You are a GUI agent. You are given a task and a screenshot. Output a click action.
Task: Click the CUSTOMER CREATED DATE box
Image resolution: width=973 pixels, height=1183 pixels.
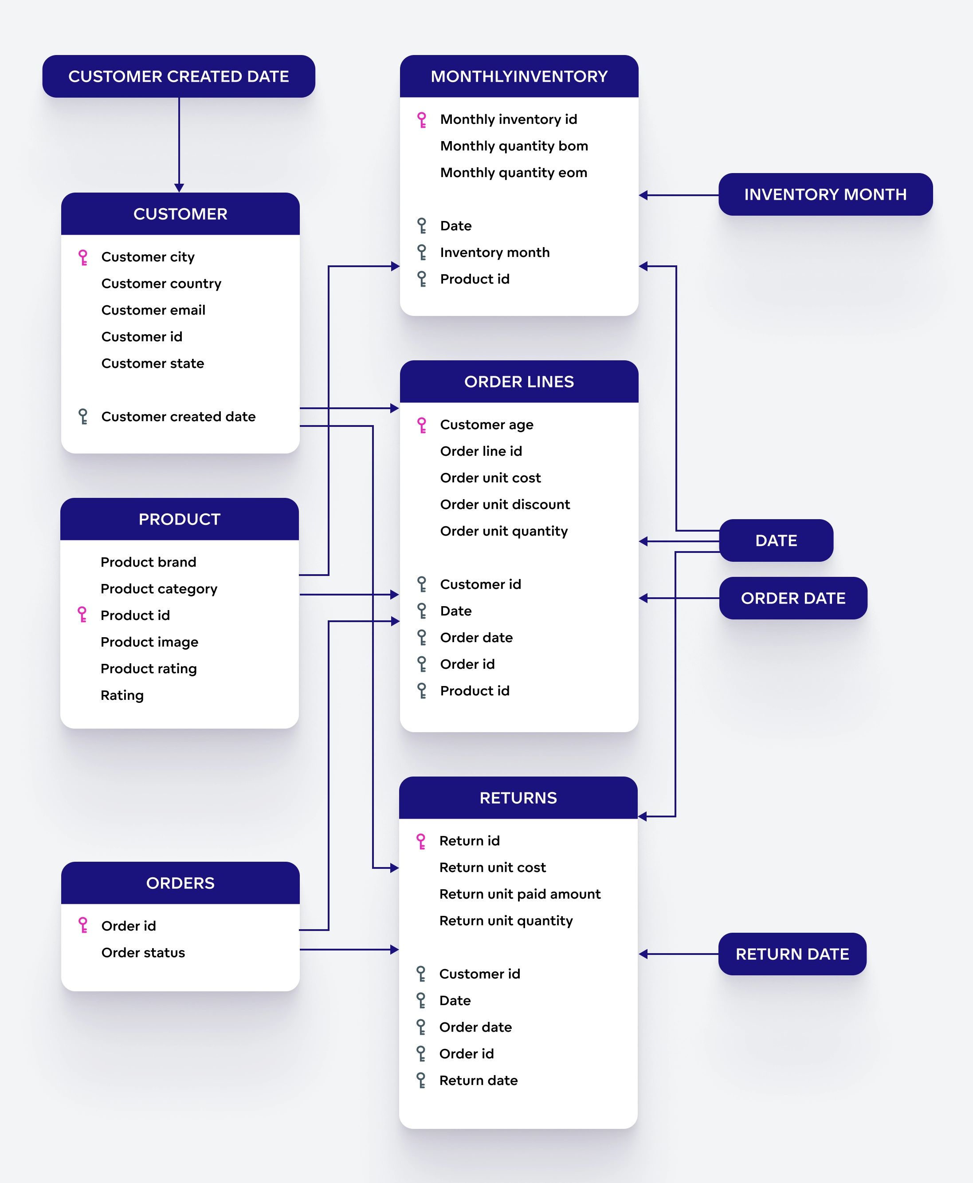(x=178, y=76)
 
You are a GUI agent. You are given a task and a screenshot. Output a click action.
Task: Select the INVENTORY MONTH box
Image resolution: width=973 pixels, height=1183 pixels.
(x=825, y=194)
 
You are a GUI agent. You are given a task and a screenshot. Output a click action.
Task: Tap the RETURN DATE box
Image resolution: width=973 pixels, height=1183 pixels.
(x=792, y=954)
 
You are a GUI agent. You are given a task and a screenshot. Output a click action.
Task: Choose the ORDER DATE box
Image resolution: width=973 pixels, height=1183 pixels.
(x=793, y=598)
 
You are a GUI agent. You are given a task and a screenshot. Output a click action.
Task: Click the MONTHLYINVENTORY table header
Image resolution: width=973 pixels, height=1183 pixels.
(x=518, y=76)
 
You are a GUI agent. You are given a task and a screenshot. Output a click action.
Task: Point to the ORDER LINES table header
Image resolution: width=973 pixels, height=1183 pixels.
(x=518, y=382)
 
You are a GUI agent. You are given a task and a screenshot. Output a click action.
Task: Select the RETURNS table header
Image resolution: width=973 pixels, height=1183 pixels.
(x=518, y=798)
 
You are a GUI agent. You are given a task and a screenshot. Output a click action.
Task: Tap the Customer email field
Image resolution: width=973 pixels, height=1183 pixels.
(x=153, y=310)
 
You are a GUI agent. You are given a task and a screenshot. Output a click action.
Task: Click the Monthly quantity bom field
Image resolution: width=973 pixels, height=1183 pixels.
(x=514, y=146)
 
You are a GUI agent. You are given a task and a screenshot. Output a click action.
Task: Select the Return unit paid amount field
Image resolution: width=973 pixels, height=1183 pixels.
(x=520, y=894)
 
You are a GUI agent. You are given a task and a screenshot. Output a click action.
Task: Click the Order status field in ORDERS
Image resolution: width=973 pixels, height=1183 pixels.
(x=143, y=953)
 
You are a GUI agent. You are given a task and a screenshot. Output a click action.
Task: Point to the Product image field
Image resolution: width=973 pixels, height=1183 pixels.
(x=149, y=642)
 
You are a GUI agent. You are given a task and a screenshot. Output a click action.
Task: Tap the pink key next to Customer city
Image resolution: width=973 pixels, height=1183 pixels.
(x=83, y=257)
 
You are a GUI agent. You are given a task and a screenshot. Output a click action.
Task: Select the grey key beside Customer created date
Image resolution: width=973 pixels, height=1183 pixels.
(x=83, y=417)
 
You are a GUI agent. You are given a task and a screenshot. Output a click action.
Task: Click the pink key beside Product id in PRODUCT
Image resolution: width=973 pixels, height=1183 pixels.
(x=82, y=615)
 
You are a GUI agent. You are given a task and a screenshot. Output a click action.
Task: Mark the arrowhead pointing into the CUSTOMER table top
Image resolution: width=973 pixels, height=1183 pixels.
(x=179, y=188)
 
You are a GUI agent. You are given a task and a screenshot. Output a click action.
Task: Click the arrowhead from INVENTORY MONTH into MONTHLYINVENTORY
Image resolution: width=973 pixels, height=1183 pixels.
(x=643, y=195)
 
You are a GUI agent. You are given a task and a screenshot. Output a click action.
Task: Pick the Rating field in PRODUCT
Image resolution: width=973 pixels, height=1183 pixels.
(x=122, y=695)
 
